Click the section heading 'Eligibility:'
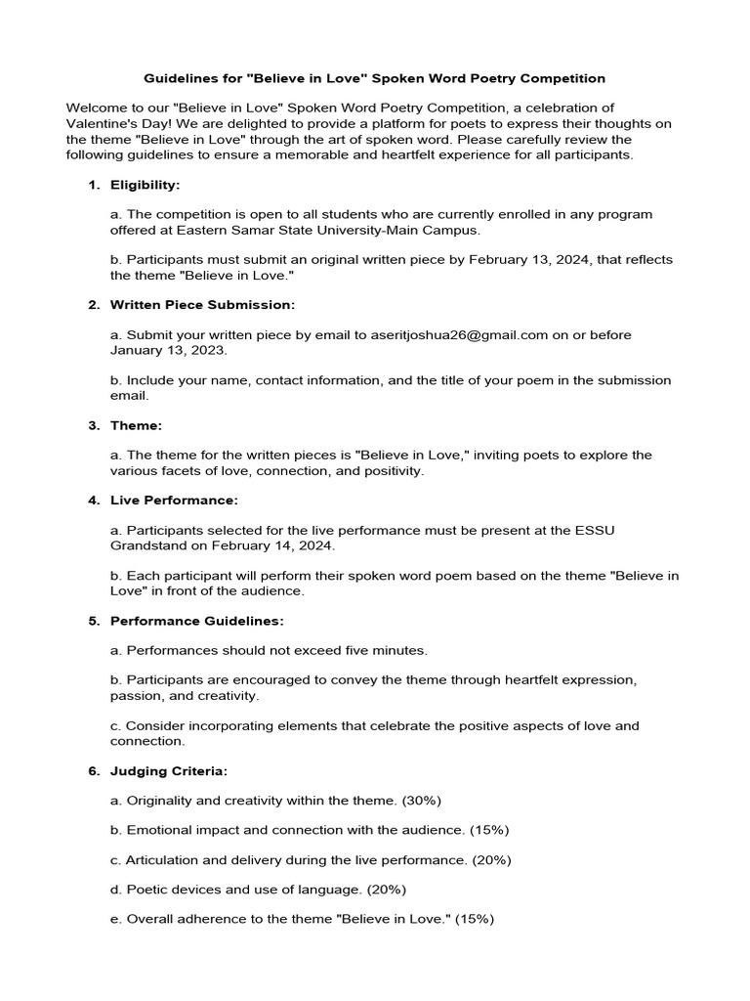pyautogui.click(x=145, y=185)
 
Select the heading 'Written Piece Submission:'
pyautogui.click(x=202, y=305)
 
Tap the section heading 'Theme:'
pyautogui.click(x=136, y=425)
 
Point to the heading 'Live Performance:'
pyautogui.click(x=174, y=500)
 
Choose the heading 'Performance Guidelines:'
pyautogui.click(x=197, y=621)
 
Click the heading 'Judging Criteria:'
pyautogui.click(x=169, y=770)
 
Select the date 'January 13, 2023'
pyautogui.click(x=168, y=350)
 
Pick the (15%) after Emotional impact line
pyautogui.click(x=488, y=830)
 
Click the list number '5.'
pyautogui.click(x=94, y=621)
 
